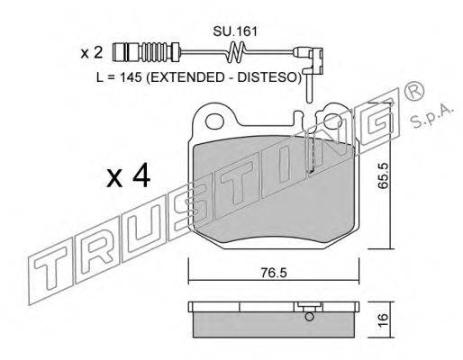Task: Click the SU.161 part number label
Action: tap(235, 31)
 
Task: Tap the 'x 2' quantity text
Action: tap(92, 53)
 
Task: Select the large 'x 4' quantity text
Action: tap(128, 175)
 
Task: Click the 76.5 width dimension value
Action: tap(274, 273)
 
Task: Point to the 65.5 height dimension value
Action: tap(384, 175)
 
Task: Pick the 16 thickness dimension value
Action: tap(383, 320)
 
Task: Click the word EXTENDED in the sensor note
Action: tap(186, 77)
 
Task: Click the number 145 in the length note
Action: tap(131, 77)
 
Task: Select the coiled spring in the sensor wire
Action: tap(236, 52)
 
